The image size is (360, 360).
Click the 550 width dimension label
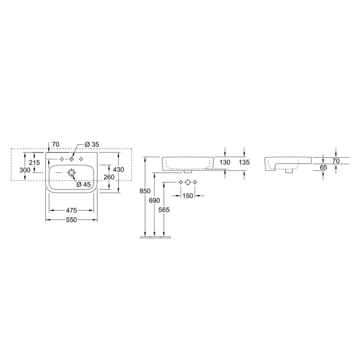coord(71,220)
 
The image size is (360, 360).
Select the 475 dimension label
coord(71,210)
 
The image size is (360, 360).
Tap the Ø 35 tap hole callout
coord(92,144)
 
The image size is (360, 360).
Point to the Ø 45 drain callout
coord(84,184)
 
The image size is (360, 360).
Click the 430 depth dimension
coord(118,169)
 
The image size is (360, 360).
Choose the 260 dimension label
coord(109,177)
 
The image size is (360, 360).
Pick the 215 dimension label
coord(34,163)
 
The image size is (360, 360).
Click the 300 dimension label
coord(25,170)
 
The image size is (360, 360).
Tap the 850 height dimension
coord(145,191)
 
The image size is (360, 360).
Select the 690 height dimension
coord(155,200)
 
